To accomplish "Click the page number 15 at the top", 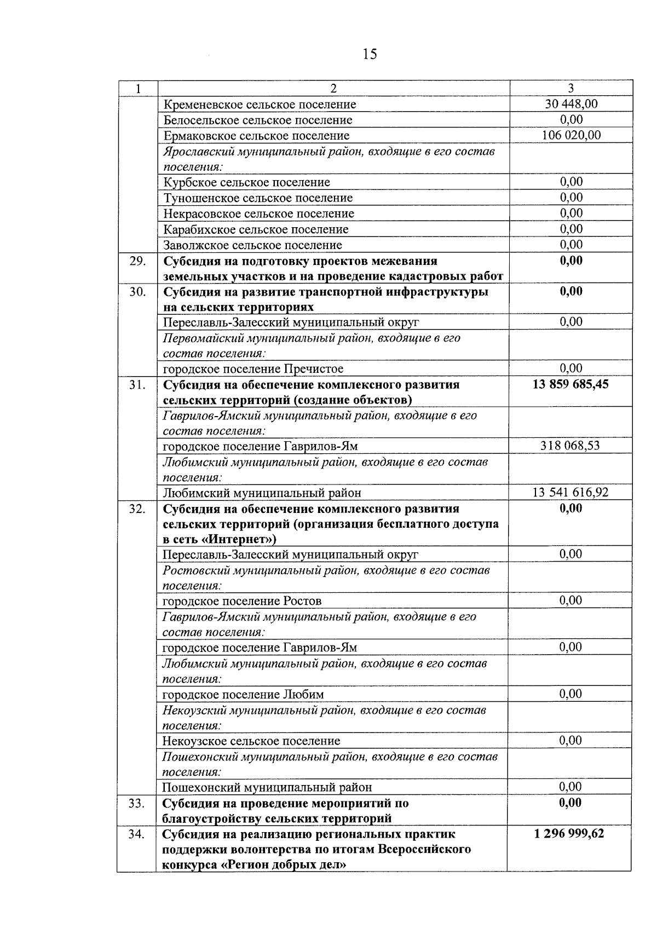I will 369,54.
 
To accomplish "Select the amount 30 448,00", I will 571,104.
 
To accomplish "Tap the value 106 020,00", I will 571,135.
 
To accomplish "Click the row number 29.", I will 137,261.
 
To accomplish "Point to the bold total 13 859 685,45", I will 570,385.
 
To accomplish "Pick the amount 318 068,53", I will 570,446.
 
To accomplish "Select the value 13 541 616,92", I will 570,493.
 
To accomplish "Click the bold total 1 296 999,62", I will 570,834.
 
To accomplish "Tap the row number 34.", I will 137,835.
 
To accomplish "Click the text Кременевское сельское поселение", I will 260,105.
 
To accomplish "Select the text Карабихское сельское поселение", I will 256,229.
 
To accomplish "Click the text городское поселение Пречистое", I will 253,369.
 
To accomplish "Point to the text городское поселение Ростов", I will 242,601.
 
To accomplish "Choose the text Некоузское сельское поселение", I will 251,741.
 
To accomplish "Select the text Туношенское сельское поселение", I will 258,198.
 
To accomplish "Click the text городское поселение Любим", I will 243,695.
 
